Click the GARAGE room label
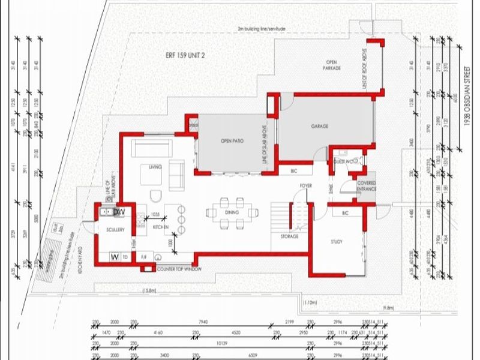tap(318, 127)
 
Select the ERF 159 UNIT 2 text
tap(185, 55)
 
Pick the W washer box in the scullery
tap(113, 257)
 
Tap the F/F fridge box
tap(144, 257)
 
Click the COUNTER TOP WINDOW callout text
tap(178, 269)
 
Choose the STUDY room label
tap(337, 242)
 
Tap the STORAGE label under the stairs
tap(289, 236)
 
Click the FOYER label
tap(306, 185)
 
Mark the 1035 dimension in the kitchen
tap(154, 214)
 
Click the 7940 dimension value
tap(208, 322)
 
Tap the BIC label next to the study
tap(345, 214)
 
